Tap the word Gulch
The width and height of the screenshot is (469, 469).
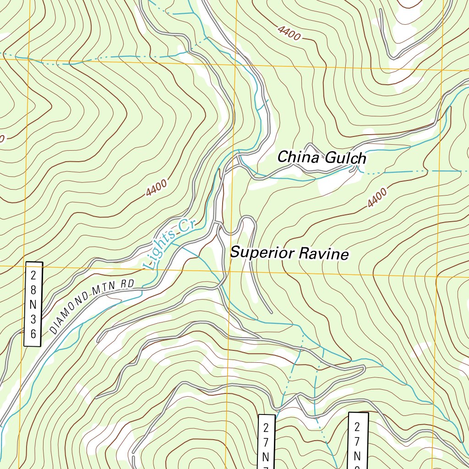click(346, 158)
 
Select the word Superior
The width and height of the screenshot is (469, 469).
click(260, 252)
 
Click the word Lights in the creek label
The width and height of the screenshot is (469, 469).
click(159, 249)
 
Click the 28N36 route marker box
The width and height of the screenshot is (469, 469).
click(33, 304)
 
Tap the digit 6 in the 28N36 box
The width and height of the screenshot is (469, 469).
click(33, 334)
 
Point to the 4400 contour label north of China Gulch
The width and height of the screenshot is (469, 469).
click(289, 33)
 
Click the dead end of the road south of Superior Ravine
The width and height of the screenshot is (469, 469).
click(272, 313)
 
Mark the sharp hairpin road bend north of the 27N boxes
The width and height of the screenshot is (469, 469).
click(363, 367)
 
